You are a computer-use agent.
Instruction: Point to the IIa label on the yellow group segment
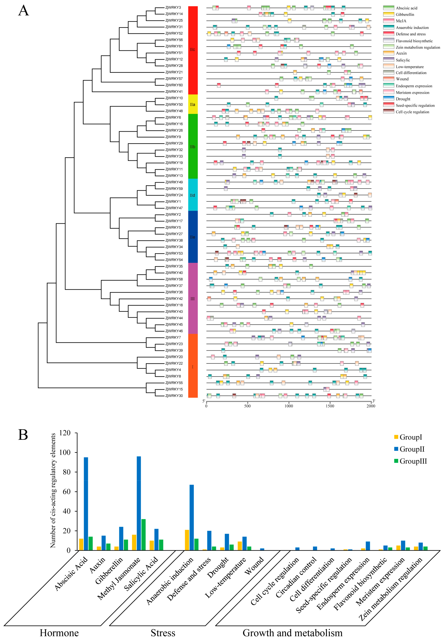[x=193, y=105]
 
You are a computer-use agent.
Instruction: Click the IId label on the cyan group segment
[x=193, y=195]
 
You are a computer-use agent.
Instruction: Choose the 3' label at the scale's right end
[x=374, y=401]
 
